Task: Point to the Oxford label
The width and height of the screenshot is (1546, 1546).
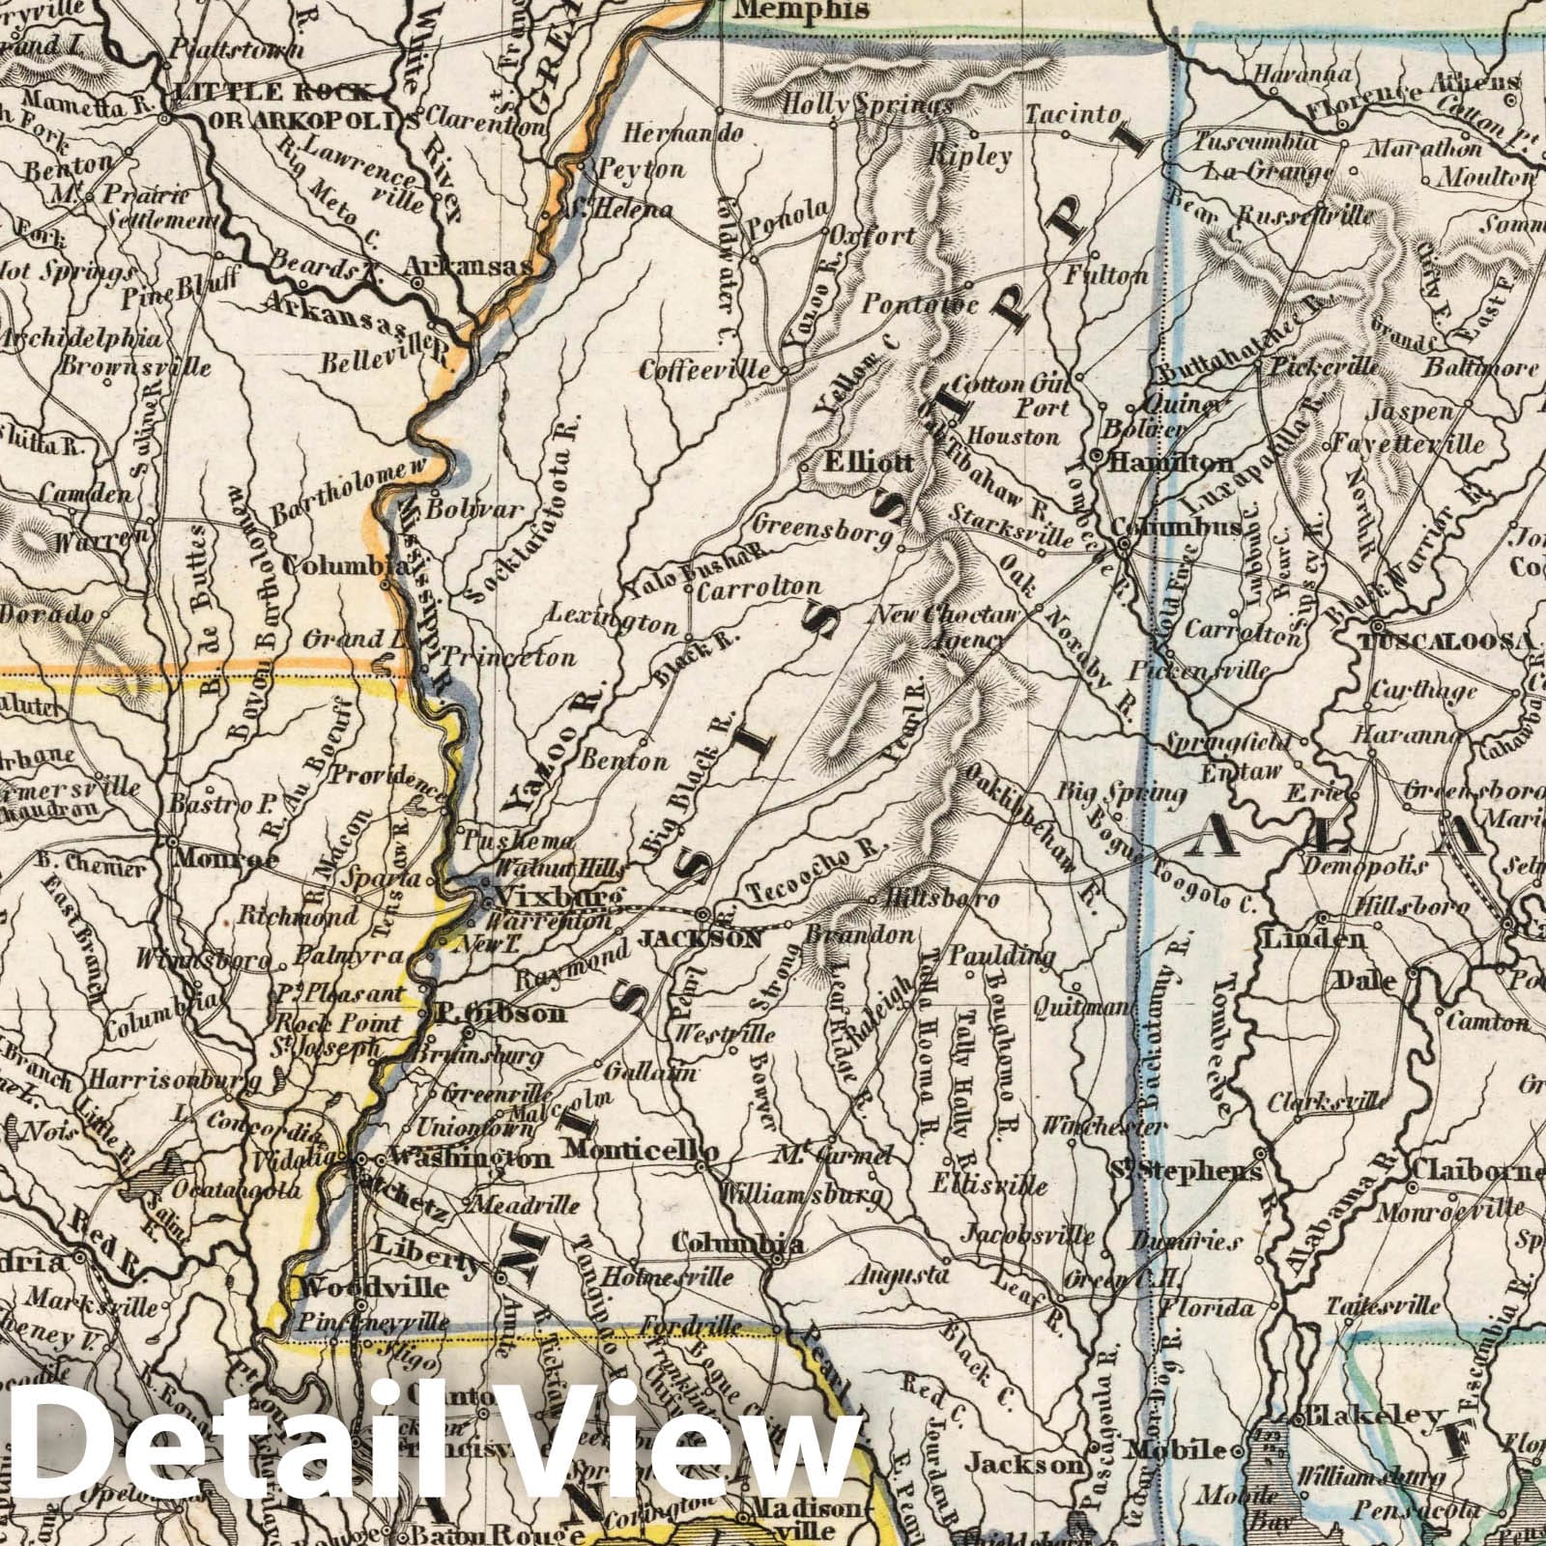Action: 878,236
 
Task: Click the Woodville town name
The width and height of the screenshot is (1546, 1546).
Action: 360,1288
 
